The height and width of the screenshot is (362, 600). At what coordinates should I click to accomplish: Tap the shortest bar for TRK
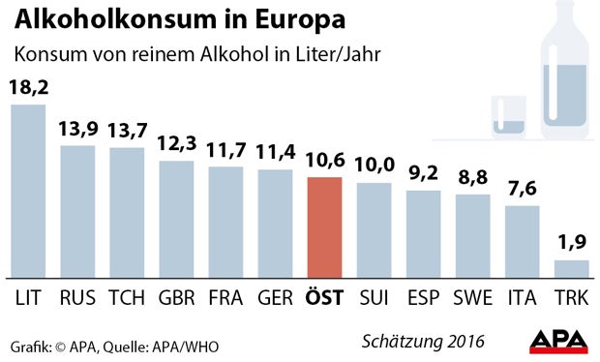571,268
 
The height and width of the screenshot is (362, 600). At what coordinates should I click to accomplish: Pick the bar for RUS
77,211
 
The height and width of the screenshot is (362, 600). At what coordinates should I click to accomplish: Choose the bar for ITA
522,241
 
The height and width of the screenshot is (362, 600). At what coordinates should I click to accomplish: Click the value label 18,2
28,87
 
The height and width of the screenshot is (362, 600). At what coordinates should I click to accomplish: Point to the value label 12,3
176,144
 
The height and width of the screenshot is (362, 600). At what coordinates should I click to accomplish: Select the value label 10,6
323,161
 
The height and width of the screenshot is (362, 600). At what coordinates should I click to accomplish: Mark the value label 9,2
423,174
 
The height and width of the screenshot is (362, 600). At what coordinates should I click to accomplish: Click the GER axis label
275,297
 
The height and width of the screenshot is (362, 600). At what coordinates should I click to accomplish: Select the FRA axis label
225,297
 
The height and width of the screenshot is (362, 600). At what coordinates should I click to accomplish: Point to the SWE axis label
472,297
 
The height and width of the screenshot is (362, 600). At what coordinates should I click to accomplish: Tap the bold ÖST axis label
323,296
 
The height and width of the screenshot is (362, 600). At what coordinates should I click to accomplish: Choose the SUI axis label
374,297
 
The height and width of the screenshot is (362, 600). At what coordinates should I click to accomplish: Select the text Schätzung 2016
424,342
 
